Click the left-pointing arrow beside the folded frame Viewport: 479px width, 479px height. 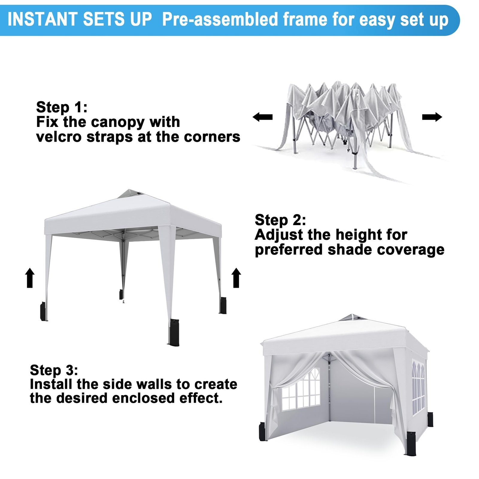pos(263,117)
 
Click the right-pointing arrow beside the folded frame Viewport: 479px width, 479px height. pos(432,117)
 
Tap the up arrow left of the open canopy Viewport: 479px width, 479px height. pos(30,278)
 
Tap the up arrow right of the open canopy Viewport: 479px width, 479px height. pos(236,278)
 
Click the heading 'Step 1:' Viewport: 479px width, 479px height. pos(62,107)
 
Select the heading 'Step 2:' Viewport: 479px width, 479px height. pos(281,220)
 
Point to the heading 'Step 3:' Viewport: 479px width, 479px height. pos(54,370)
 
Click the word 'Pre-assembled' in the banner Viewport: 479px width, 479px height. pos(220,20)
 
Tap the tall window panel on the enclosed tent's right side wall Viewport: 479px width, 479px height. pos(418,388)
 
